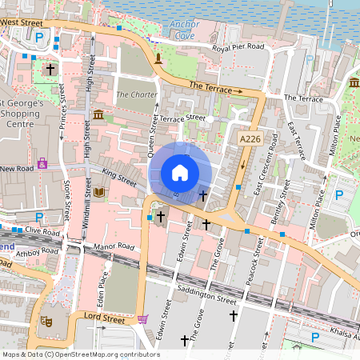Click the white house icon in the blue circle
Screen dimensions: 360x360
click(x=180, y=173)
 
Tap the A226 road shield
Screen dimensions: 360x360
click(x=250, y=139)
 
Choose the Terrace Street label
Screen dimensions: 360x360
click(x=182, y=118)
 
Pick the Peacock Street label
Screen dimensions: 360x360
click(x=256, y=271)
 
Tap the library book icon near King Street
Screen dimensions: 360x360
click(x=99, y=193)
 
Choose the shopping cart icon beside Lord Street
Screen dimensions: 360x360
click(x=142, y=319)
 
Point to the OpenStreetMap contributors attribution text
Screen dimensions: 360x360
click(x=81, y=354)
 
